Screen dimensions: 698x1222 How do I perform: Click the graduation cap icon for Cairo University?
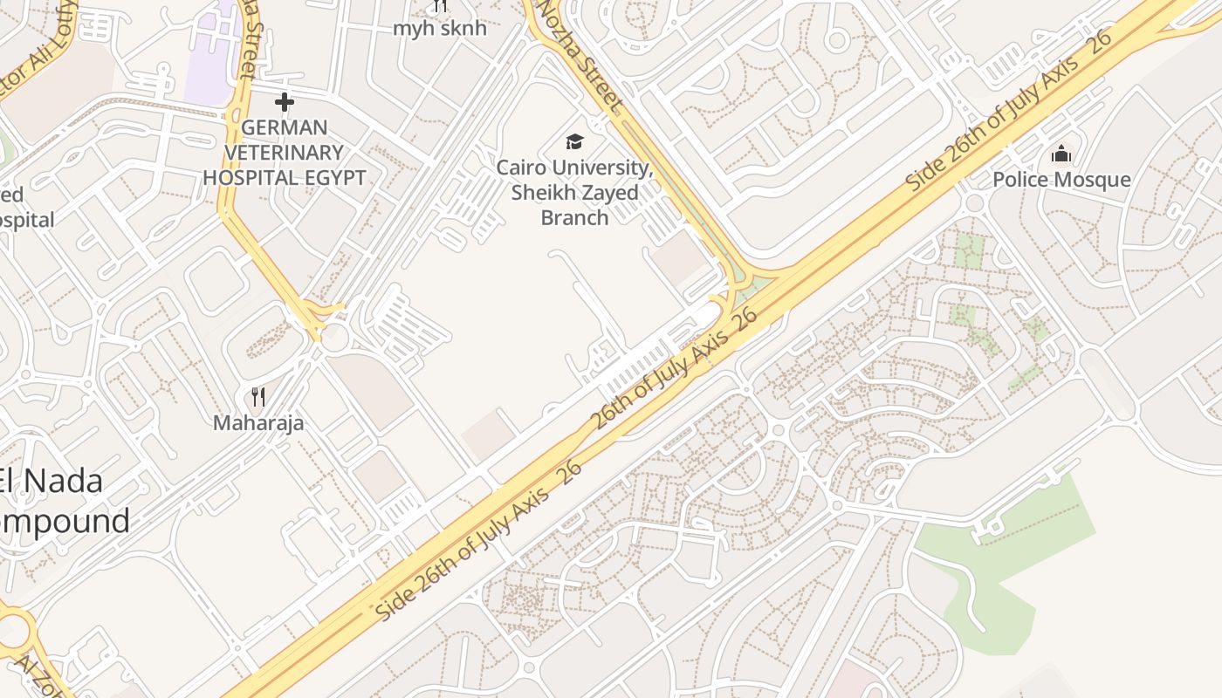click(574, 141)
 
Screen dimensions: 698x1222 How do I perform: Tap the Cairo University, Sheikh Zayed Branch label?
click(574, 192)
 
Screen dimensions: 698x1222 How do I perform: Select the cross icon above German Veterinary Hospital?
click(284, 103)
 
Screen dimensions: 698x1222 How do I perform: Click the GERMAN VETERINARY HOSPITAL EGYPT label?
click(284, 153)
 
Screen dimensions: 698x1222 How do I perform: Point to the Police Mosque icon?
click(1061, 154)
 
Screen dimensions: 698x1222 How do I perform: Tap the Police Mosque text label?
click(1061, 180)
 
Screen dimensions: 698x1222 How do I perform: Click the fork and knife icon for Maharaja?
click(258, 398)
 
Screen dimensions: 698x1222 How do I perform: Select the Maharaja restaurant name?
click(258, 423)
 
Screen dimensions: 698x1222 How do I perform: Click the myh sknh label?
click(439, 28)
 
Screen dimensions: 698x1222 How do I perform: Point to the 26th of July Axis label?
click(674, 368)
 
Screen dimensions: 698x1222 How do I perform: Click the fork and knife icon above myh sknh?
click(439, 6)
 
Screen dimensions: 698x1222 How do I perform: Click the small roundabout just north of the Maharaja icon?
click(333, 338)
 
